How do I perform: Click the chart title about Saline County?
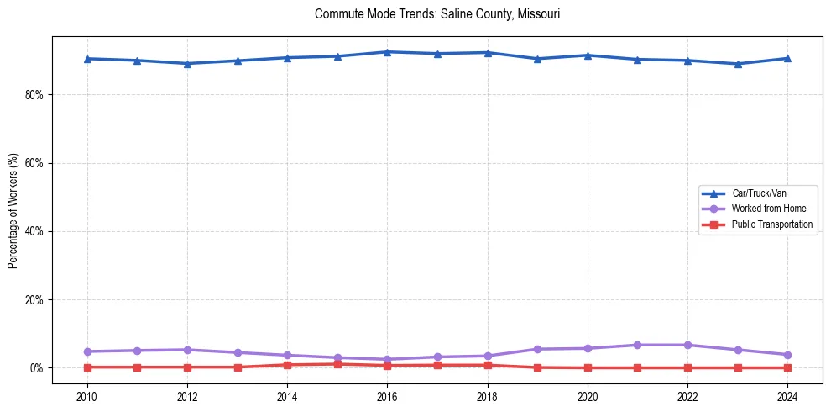(436, 14)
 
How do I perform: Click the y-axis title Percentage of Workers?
(13, 211)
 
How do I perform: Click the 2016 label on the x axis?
(387, 395)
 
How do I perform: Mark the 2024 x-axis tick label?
(787, 395)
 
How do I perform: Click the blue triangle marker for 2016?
(387, 52)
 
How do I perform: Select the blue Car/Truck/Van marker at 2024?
(787, 58)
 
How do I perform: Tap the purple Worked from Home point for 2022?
(687, 345)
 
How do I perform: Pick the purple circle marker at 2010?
(87, 351)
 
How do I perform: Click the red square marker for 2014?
(287, 365)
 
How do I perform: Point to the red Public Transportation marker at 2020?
(588, 367)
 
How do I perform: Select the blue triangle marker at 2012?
(187, 63)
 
